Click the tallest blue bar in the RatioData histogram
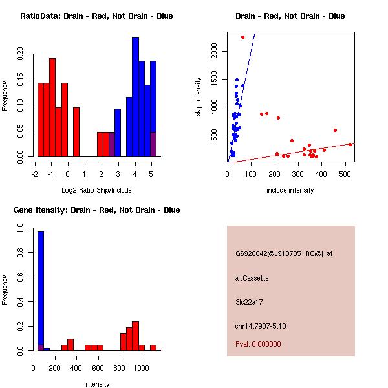coord(135,97)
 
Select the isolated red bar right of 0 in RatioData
coord(76,132)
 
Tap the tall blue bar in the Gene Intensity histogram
coord(41,291)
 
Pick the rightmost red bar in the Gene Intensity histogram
coord(153,348)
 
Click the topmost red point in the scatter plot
coord(242,37)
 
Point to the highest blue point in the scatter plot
coord(237,80)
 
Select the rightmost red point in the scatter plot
coord(350,144)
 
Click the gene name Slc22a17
coord(249,302)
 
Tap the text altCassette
coord(252,278)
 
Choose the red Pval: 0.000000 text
coord(258,344)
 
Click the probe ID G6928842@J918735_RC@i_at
coord(284,253)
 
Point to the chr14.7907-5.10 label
coord(261,326)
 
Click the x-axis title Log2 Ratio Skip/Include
coord(96,190)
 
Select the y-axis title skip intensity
coord(199,96)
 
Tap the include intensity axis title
coord(290,190)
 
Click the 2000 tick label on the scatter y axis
coord(214,50)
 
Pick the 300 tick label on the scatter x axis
coord(297,174)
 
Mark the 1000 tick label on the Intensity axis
coord(142,368)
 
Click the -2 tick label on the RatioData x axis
coord(35,174)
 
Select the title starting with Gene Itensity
coord(96,210)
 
